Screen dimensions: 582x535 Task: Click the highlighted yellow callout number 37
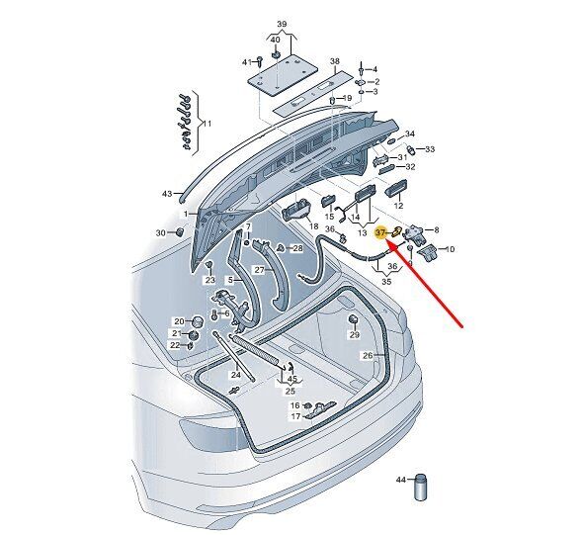tap(380, 233)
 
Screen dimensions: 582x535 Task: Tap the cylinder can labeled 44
tap(420, 488)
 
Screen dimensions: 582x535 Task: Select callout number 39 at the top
tap(282, 24)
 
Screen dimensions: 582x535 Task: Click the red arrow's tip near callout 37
tap(386, 240)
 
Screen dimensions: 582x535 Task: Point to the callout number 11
tap(208, 123)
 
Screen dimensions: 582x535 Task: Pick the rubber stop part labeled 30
tap(179, 231)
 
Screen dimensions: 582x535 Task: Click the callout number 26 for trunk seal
tap(368, 356)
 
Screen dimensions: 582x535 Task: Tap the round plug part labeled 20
tap(198, 321)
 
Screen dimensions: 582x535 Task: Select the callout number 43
tap(167, 194)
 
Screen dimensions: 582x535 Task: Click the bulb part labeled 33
tap(411, 149)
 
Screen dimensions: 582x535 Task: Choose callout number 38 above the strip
tap(335, 61)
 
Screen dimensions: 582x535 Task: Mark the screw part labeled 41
tap(260, 61)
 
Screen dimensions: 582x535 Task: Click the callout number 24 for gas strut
tap(236, 375)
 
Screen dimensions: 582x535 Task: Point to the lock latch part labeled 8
tap(415, 235)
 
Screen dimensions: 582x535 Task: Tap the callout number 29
tap(355, 335)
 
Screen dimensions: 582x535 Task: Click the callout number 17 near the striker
tap(295, 416)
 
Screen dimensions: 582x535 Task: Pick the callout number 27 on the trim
tap(259, 270)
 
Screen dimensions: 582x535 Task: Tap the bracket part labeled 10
tap(429, 252)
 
